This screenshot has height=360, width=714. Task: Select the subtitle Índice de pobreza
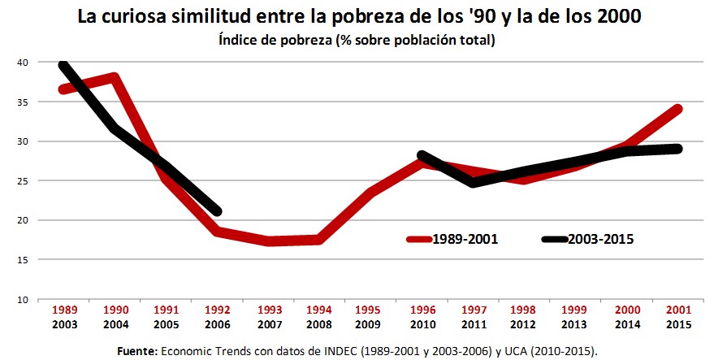click(x=357, y=40)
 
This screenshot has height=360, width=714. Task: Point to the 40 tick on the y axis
click(x=22, y=63)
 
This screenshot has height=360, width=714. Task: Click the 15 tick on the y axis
click(x=22, y=260)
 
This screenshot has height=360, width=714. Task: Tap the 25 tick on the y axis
click(x=22, y=181)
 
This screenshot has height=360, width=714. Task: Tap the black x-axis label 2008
click(x=319, y=325)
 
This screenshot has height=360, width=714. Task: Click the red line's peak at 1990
click(x=115, y=78)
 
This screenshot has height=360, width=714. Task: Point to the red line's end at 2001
click(x=677, y=109)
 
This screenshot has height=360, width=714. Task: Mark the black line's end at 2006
click(x=217, y=211)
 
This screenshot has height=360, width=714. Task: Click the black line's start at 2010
click(x=422, y=155)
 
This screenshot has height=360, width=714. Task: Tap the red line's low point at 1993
click(x=268, y=241)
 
